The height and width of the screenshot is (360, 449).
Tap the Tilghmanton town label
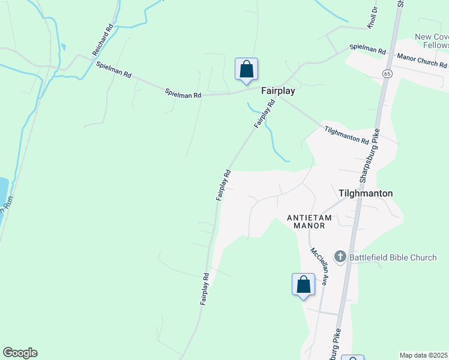coord(366,193)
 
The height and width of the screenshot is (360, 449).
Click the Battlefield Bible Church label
coord(394,257)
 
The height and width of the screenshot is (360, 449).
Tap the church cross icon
coord(340,257)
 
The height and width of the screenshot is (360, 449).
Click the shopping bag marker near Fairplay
coord(246,70)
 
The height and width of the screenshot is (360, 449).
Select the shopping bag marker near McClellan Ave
coord(303,284)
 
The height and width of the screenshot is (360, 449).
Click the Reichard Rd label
coord(103,40)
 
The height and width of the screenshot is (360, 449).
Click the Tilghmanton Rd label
coord(347,135)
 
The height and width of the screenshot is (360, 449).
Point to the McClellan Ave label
coord(319,266)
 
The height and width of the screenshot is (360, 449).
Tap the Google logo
coord(20,353)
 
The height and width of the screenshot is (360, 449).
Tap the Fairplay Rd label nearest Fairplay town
coord(264,113)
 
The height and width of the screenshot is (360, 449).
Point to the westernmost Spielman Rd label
coord(113,69)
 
